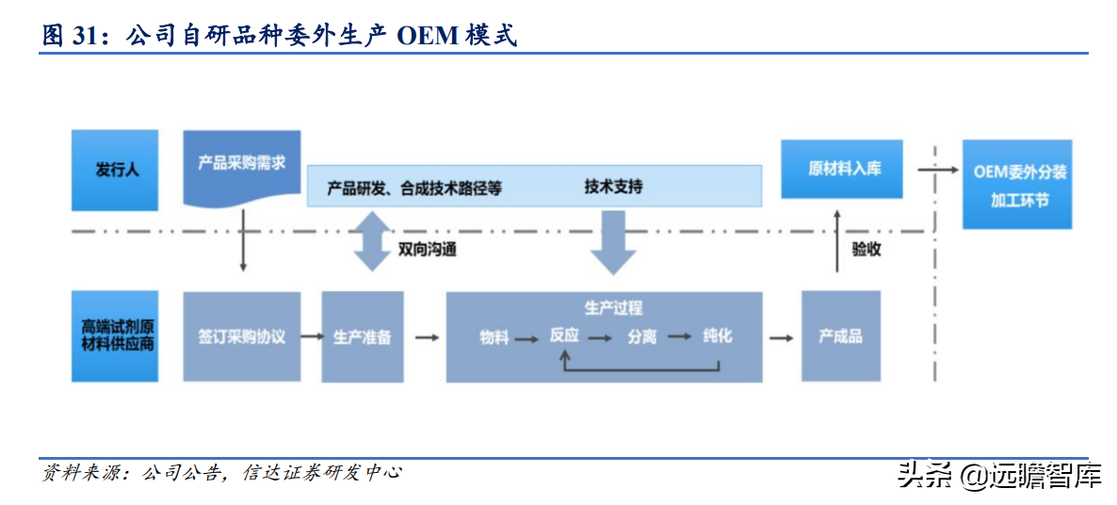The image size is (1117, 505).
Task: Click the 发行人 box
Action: coord(115,170)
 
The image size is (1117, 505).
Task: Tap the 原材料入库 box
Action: coord(841,169)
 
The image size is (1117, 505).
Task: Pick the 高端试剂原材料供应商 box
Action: coord(115,336)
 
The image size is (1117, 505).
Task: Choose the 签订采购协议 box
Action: coord(242,336)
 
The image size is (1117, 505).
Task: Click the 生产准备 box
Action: coord(363,336)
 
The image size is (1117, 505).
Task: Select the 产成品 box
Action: coord(841,336)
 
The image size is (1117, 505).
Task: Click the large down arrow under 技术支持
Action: coord(613,241)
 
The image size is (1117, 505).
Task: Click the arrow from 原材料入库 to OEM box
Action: coord(932,169)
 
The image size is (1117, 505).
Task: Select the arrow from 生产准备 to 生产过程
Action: coord(426,336)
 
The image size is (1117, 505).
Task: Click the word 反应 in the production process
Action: coord(564,336)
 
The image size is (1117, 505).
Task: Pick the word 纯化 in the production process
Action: coord(718,336)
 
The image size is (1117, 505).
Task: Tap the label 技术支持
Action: coord(613,187)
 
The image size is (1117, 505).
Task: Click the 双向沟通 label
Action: coord(427,250)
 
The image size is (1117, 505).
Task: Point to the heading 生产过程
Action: coord(613,308)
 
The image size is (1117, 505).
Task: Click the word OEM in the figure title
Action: coord(427,36)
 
